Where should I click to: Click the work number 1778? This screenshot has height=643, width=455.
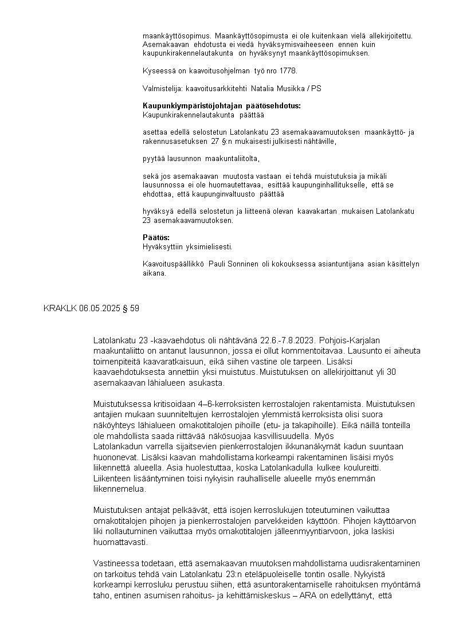click(x=289, y=71)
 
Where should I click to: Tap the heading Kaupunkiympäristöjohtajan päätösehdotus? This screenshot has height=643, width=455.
click(x=221, y=106)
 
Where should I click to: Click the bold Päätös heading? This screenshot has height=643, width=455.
click(x=156, y=238)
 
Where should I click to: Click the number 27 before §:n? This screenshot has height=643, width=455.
click(x=207, y=141)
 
